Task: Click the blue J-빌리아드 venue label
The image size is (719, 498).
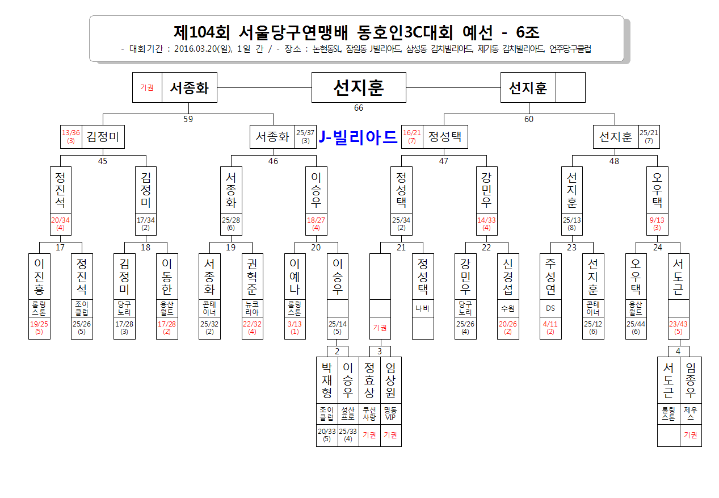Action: click(x=358, y=137)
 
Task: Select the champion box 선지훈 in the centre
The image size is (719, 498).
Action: click(x=359, y=87)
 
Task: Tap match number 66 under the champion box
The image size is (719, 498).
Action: click(x=359, y=108)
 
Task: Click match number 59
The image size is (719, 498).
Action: click(x=188, y=119)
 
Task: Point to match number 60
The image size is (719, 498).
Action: click(x=529, y=119)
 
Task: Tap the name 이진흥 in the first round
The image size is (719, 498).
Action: click(x=39, y=277)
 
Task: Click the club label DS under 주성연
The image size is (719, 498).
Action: click(x=550, y=308)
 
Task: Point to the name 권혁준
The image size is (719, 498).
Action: click(x=252, y=277)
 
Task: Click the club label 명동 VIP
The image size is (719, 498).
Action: click(x=390, y=413)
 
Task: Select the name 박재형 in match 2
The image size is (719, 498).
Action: click(x=327, y=380)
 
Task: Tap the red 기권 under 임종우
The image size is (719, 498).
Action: click(x=691, y=435)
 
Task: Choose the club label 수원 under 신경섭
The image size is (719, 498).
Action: click(x=508, y=308)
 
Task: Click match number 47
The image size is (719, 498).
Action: click(x=444, y=161)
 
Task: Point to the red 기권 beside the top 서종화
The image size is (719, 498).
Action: click(x=146, y=87)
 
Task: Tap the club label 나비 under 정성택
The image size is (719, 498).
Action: click(x=422, y=308)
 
